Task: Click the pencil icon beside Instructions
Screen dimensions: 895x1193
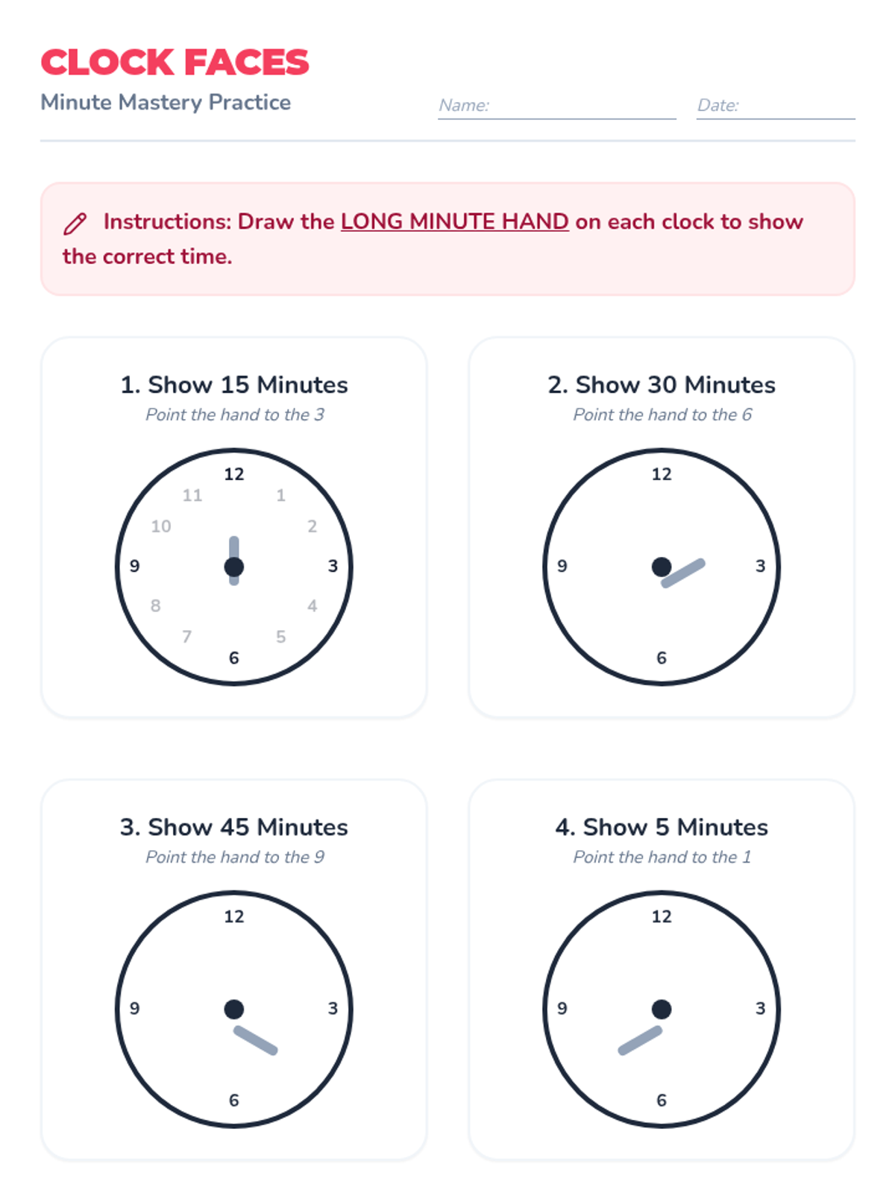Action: pos(75,224)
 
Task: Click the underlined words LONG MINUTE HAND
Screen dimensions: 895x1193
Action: pos(454,221)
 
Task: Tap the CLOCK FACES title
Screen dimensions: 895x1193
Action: pos(175,62)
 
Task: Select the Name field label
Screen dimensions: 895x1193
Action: pos(463,105)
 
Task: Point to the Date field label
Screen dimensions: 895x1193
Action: pos(717,105)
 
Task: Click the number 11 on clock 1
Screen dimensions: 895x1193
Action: pos(192,495)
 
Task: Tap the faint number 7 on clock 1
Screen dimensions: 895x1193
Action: pos(187,637)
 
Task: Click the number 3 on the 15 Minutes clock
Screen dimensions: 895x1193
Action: pos(333,567)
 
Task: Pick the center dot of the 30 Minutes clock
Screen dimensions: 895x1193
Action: pos(662,567)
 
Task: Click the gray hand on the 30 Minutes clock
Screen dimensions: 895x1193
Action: pos(683,573)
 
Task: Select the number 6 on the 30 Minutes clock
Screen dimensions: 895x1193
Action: pos(662,658)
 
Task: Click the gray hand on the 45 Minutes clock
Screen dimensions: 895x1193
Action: pos(255,1040)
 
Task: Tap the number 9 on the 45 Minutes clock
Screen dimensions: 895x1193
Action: pos(135,1009)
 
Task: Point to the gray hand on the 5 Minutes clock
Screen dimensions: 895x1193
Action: pos(640,1040)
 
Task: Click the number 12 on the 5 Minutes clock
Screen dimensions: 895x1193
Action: pos(662,917)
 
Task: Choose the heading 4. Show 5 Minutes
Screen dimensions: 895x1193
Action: pos(662,827)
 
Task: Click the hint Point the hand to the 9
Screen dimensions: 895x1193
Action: pos(235,857)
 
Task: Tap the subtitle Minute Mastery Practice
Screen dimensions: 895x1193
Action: pos(166,102)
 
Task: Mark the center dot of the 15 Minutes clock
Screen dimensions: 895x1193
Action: pos(233,567)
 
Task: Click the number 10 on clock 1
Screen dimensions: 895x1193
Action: pos(161,526)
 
